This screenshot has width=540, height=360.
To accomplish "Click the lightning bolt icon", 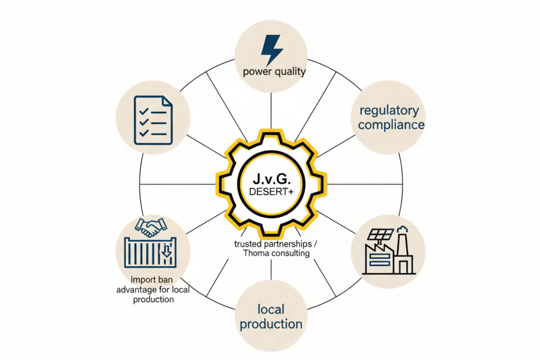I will pyautogui.click(x=271, y=49).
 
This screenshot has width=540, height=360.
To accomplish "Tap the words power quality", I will pyautogui.click(x=274, y=71).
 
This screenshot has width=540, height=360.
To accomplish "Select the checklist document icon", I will pyautogui.click(x=153, y=120).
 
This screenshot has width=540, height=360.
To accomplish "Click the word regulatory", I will pyautogui.click(x=389, y=110).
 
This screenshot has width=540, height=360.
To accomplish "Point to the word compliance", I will pyautogui.click(x=391, y=125).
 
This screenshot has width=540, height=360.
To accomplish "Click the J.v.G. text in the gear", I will pyautogui.click(x=272, y=179).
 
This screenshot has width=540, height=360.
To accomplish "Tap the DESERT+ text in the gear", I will pyautogui.click(x=271, y=192).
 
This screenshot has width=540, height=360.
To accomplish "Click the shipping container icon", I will pyautogui.click(x=150, y=252).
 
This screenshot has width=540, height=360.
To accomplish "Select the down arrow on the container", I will pyautogui.click(x=166, y=251).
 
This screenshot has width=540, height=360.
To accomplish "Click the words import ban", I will pyautogui.click(x=152, y=280).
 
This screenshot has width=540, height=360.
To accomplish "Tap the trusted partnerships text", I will pyautogui.click(x=273, y=244).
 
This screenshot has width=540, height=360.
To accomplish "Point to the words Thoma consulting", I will pyautogui.click(x=276, y=253).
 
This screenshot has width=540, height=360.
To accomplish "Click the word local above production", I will pyautogui.click(x=271, y=309).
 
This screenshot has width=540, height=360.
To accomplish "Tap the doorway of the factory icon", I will pyautogui.click(x=403, y=268).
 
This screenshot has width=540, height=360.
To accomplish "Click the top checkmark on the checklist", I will pyautogui.click(x=144, y=111).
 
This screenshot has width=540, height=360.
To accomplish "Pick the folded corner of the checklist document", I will pyautogui.click(x=167, y=101).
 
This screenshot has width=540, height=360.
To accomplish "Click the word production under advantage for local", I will pyautogui.click(x=153, y=300).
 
